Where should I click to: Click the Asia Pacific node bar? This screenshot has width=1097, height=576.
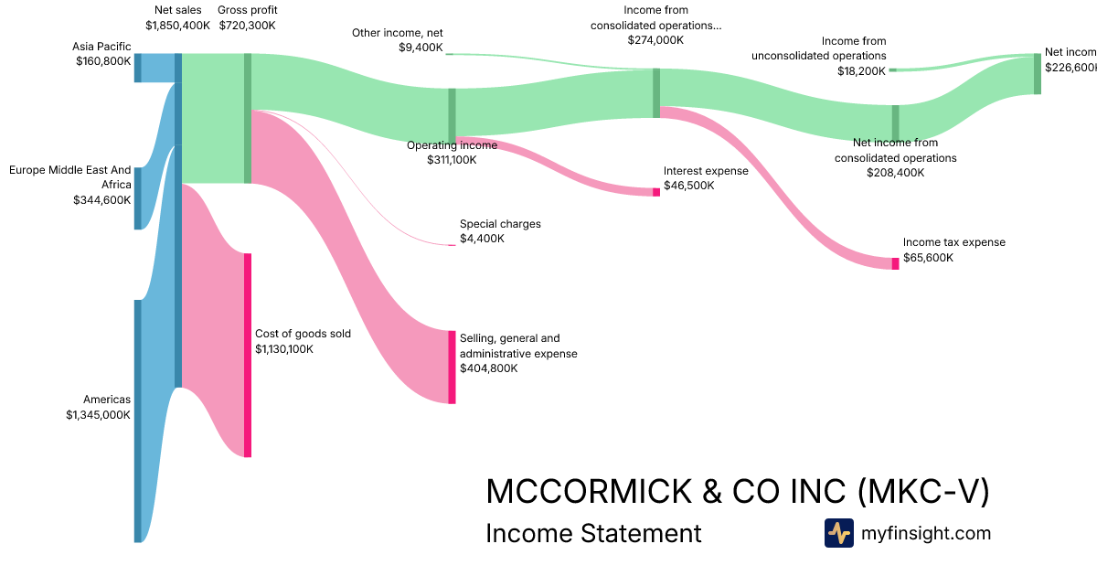(138, 68)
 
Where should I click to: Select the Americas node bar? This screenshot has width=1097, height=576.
(138, 421)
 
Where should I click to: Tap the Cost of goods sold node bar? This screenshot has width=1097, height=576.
(247, 355)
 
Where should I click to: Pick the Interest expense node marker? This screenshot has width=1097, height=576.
(656, 192)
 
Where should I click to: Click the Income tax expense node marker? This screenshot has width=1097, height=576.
(895, 263)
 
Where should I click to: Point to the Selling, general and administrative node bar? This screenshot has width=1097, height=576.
(452, 367)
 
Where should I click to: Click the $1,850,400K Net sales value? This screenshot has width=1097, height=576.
(177, 25)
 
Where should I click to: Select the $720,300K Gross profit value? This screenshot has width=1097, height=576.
(248, 25)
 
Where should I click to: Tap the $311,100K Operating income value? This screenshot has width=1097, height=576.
(452, 160)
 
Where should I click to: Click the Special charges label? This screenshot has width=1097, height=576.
(500, 223)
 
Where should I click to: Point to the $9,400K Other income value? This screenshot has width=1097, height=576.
(421, 48)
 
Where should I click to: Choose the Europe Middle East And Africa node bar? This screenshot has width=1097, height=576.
(138, 198)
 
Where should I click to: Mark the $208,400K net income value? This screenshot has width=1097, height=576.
(895, 172)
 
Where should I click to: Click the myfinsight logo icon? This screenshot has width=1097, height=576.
(838, 533)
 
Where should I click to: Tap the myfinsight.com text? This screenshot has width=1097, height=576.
(926, 533)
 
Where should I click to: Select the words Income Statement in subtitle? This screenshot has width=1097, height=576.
(593, 534)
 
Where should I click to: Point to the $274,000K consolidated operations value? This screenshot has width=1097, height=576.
(655, 40)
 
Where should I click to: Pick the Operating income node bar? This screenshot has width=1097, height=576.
(452, 112)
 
